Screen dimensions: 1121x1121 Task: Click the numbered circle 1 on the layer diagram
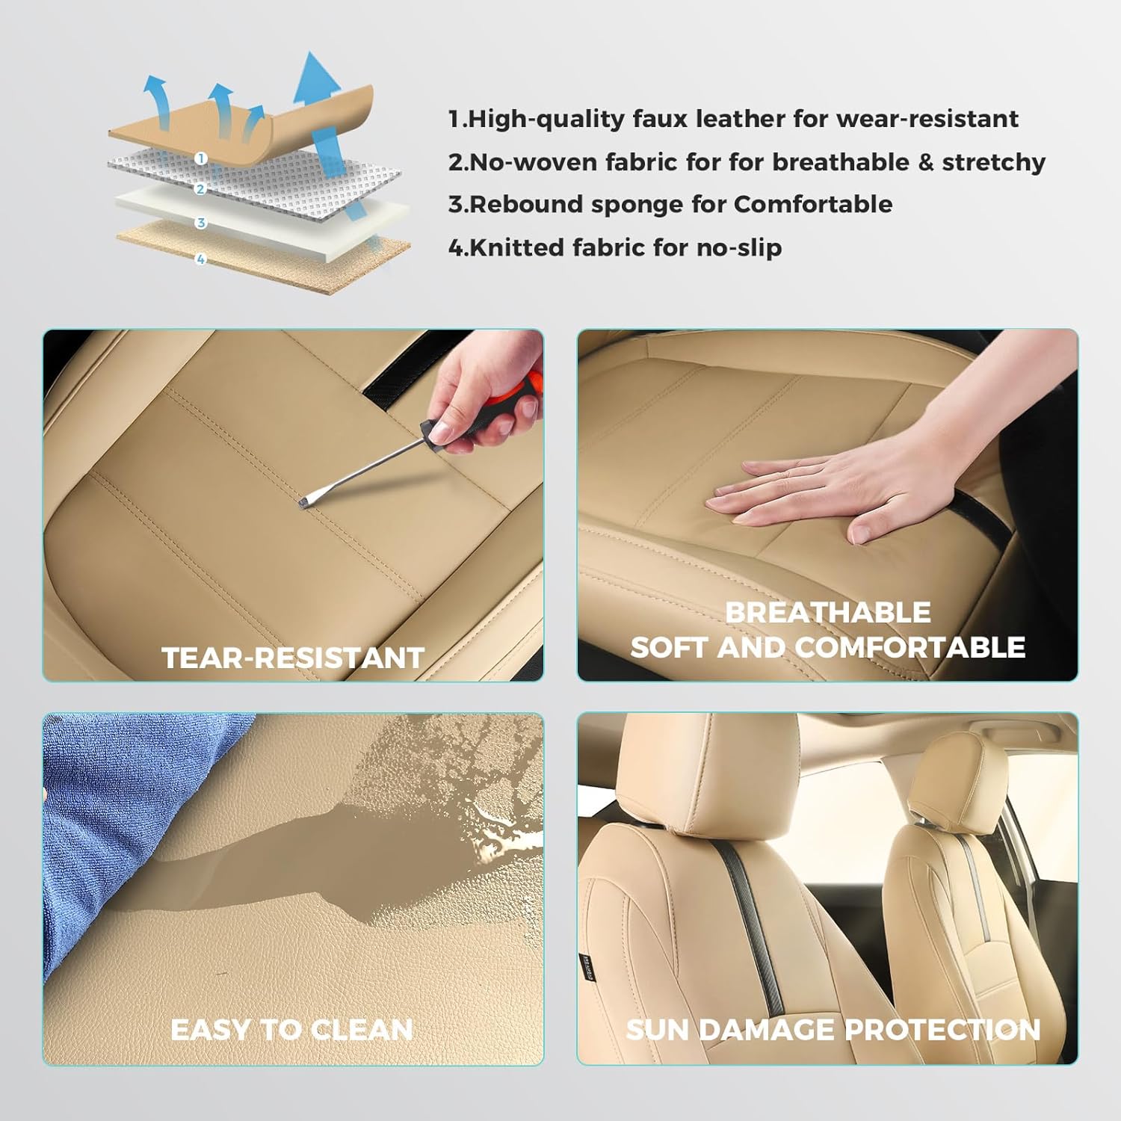[x=200, y=158]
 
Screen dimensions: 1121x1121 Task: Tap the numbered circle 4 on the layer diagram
[x=200, y=259]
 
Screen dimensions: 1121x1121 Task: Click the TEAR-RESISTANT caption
[x=293, y=658]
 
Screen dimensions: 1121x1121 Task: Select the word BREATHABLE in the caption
[x=828, y=613]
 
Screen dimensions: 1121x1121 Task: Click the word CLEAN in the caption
[x=362, y=1030]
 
